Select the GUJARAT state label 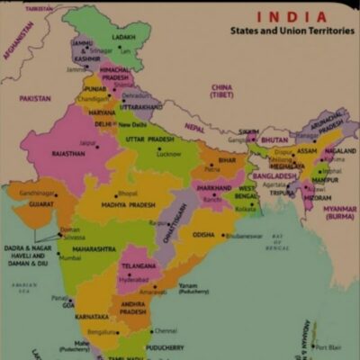(38, 204)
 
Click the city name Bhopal (129, 193)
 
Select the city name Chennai (166, 330)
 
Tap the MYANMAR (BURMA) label (339, 212)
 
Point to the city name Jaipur (87, 141)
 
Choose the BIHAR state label (227, 160)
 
